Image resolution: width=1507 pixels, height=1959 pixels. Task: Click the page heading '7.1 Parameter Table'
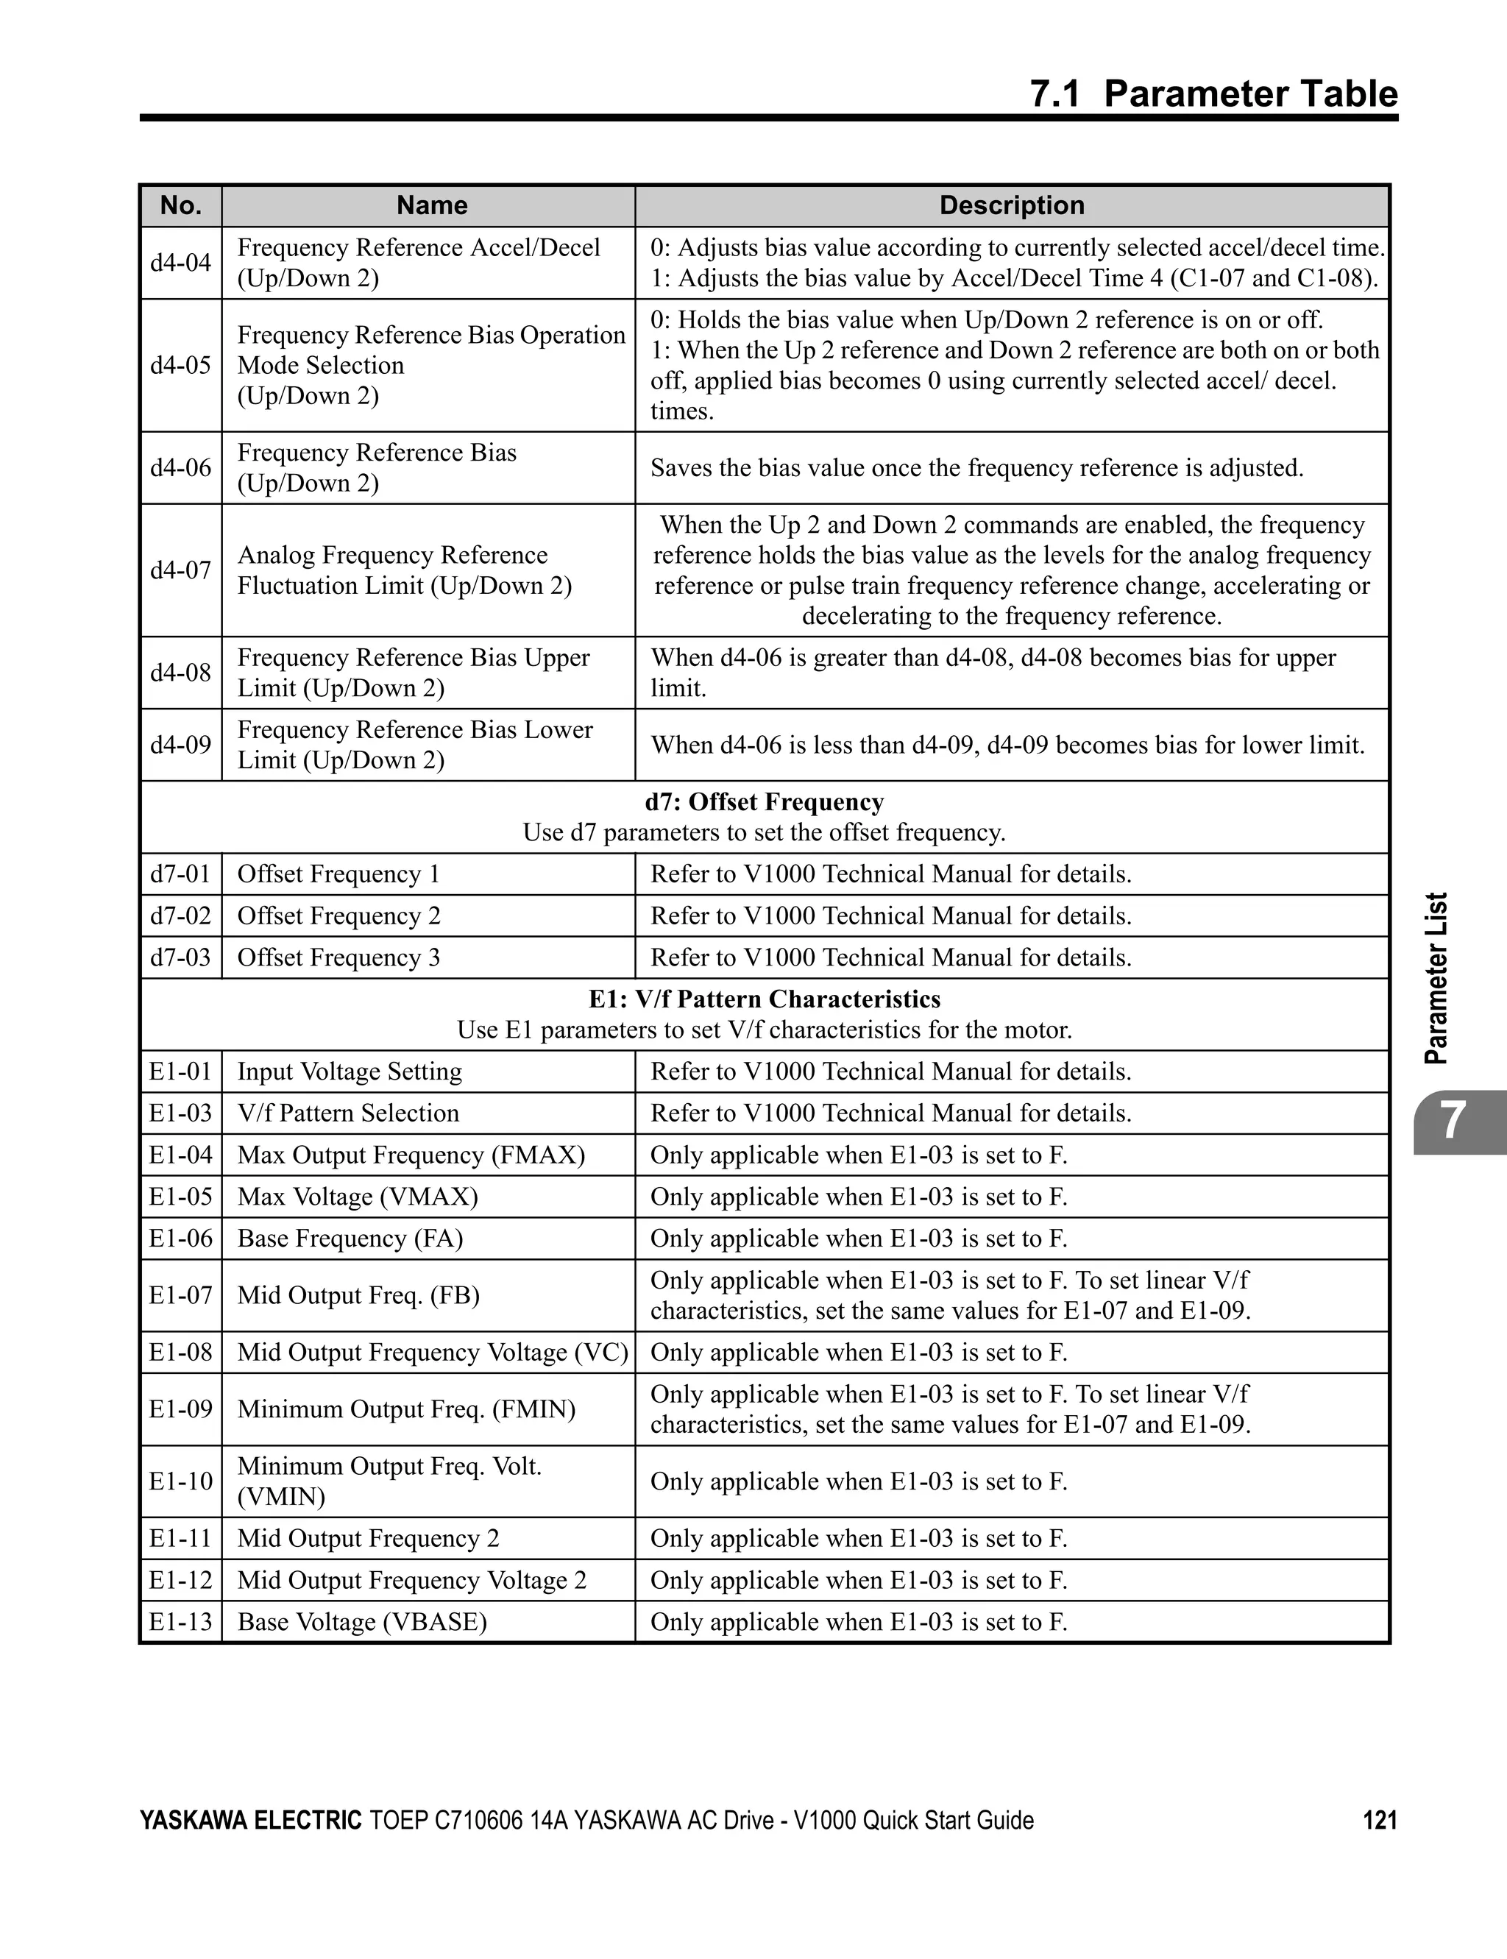[x=1213, y=94]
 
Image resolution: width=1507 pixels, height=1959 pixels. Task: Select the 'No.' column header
[x=180, y=205]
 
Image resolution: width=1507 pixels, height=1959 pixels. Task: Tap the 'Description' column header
[x=1011, y=205]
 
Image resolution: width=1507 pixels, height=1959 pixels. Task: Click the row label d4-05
[x=180, y=365]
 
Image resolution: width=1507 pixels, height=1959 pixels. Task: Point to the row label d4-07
[x=180, y=570]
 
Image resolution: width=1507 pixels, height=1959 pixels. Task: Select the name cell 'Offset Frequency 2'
[x=338, y=915]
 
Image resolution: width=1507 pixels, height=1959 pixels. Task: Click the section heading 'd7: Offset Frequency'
[x=765, y=802]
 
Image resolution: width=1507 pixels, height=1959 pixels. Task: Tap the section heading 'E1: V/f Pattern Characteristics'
[x=765, y=999]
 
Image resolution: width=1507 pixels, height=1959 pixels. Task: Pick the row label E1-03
[x=180, y=1113]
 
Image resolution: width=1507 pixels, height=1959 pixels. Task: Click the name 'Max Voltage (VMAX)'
[x=357, y=1197]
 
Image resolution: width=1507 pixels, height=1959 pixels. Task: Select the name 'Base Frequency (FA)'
[x=350, y=1239]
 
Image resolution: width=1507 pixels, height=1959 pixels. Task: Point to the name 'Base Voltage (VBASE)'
[x=361, y=1622]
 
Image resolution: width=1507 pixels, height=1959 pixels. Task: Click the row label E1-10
[x=180, y=1481]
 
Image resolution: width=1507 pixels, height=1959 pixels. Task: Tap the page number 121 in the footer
[x=1380, y=1820]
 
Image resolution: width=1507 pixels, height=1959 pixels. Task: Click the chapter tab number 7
[x=1453, y=1122]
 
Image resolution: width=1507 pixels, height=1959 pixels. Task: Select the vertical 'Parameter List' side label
[x=1436, y=978]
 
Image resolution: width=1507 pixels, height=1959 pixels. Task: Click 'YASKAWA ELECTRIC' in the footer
[x=250, y=1820]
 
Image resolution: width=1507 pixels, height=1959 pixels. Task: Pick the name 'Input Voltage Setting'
[x=349, y=1071]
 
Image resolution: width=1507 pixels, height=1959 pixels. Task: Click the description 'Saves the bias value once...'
[x=976, y=468]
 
